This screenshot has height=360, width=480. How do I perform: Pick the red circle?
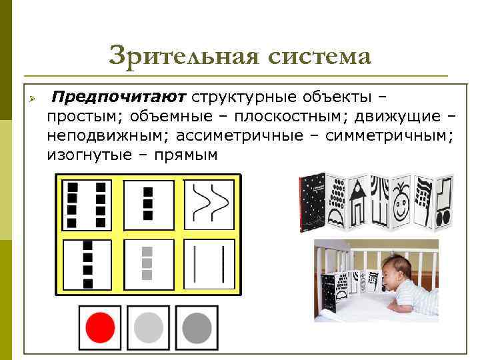[x=100, y=327]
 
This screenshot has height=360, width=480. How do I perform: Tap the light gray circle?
[x=148, y=327]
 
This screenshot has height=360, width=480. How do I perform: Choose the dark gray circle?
[x=196, y=327]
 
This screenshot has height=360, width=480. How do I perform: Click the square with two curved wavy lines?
[x=209, y=202]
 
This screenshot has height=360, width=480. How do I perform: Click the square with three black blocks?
[x=148, y=202]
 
